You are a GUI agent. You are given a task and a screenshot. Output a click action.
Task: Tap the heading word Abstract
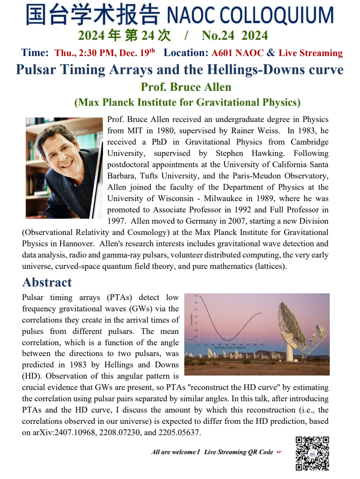click(x=47, y=282)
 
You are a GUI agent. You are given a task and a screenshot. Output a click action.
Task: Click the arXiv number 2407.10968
click(x=69, y=432)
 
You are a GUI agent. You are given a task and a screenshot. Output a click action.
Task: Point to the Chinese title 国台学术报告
click(x=93, y=15)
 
